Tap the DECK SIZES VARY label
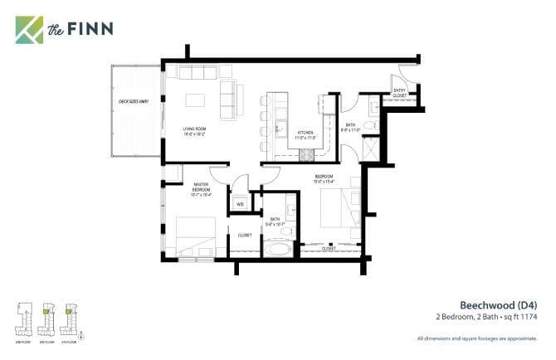[x=133, y=101]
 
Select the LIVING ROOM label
[x=194, y=131]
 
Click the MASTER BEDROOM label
[x=201, y=190]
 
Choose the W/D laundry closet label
[x=241, y=203]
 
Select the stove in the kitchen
[x=308, y=155]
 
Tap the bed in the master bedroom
[x=195, y=236]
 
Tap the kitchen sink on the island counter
[x=281, y=131]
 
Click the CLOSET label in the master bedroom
[x=245, y=236]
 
